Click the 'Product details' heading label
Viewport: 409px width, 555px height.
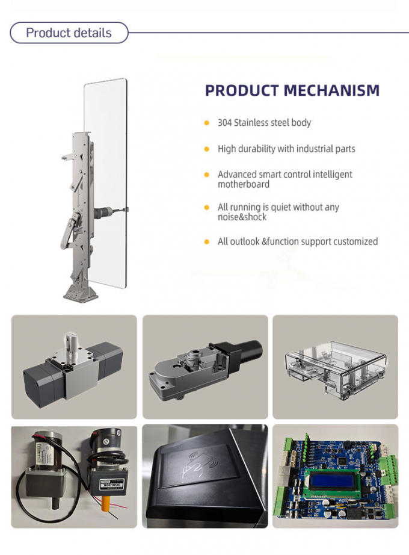click(x=69, y=33)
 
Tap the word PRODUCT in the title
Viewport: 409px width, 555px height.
click(x=241, y=91)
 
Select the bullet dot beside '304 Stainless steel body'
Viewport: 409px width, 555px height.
click(x=206, y=123)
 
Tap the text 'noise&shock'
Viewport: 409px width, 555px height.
click(x=242, y=217)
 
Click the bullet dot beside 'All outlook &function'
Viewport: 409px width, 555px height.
click(x=206, y=242)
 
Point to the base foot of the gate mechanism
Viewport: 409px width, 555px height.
click(x=80, y=293)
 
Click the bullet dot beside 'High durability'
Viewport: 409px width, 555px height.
click(x=206, y=149)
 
